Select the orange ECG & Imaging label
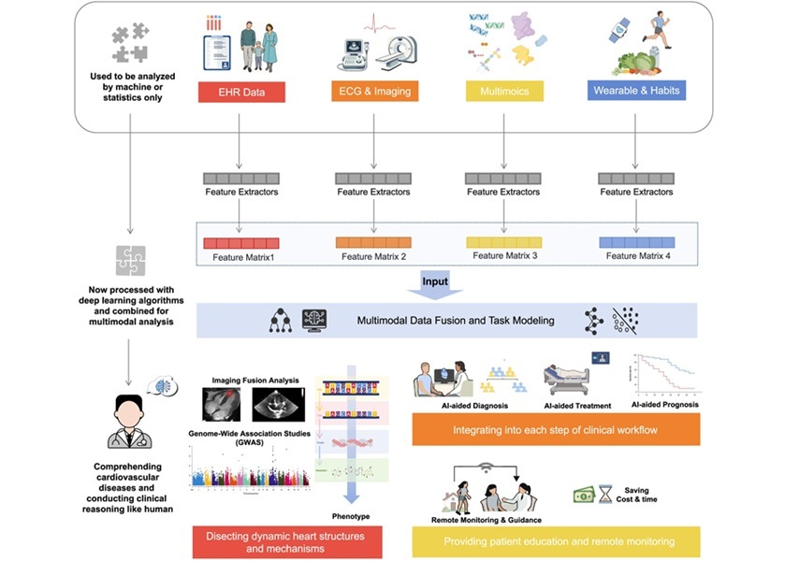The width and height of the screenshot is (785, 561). pos(374,92)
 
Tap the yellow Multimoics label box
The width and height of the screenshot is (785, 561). pos(504,92)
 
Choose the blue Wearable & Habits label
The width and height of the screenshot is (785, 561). pos(635,91)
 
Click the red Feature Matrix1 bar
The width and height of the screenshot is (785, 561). pos(242,243)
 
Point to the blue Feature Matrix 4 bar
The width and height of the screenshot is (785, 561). pos(636,241)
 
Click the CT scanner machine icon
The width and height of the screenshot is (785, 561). pos(400,53)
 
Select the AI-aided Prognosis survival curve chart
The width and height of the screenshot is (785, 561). pos(664,376)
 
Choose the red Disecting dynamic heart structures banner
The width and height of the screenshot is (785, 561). pos(286,542)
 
